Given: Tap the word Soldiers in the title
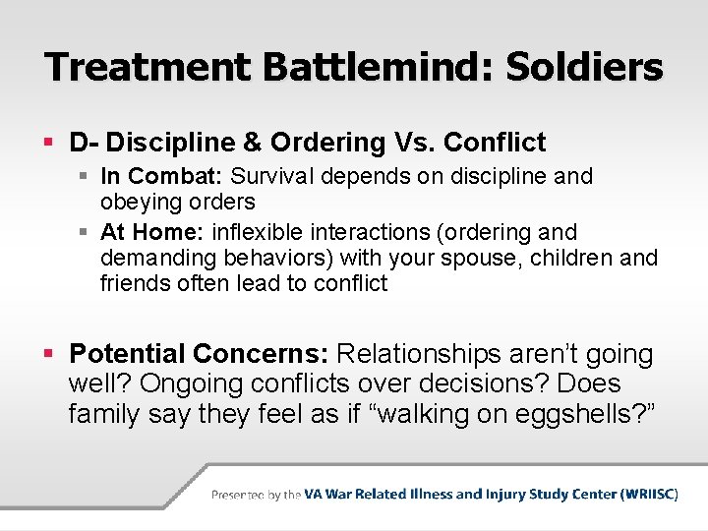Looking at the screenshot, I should click(584, 67).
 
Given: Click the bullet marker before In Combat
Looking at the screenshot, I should click(88, 177).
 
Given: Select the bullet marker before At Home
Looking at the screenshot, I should click(88, 233).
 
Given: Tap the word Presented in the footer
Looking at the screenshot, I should click(241, 495).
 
